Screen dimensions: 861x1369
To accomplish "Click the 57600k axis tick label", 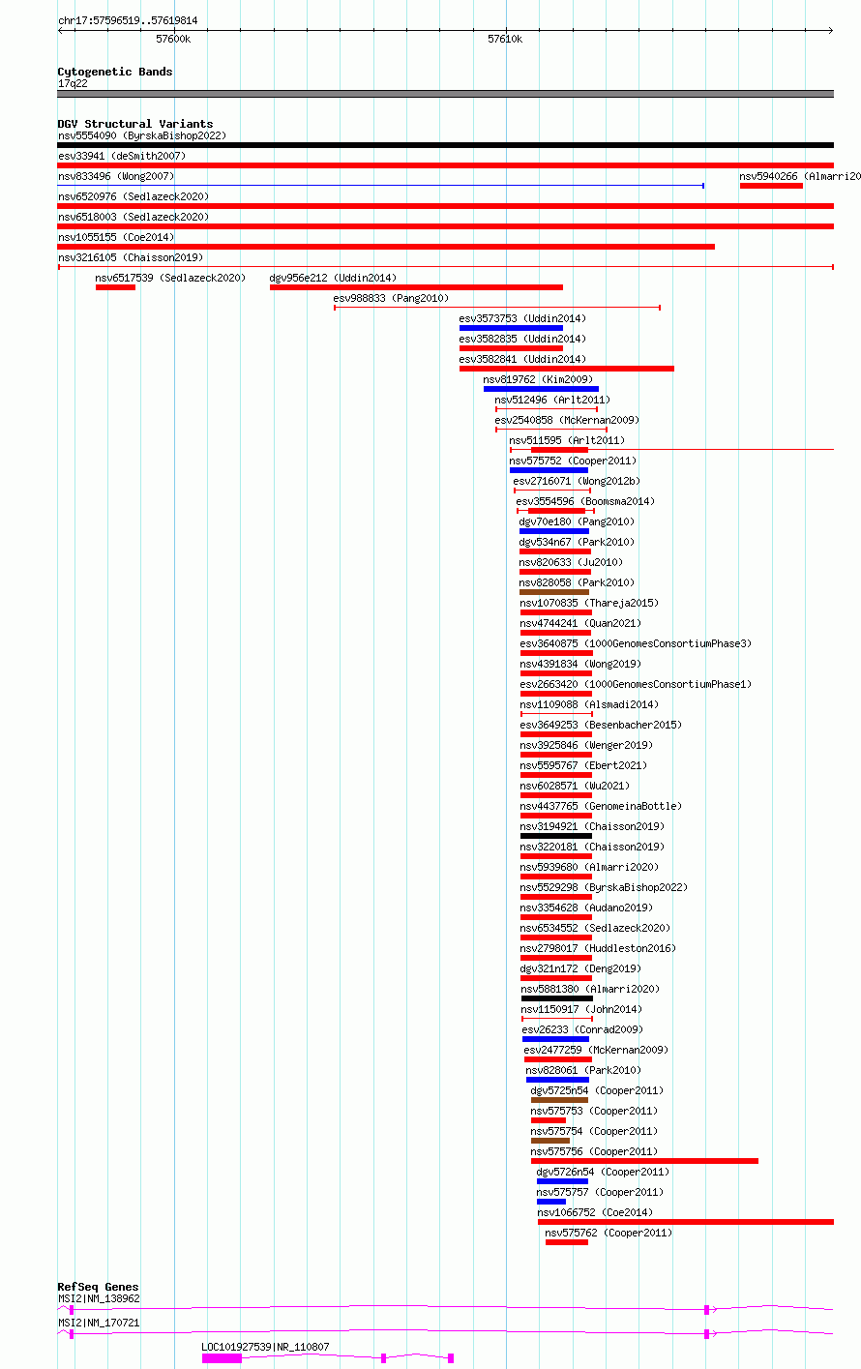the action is [x=173, y=39].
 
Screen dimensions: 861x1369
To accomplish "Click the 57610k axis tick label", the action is [x=505, y=39].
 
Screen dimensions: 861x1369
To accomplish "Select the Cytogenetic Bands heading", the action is [x=115, y=72].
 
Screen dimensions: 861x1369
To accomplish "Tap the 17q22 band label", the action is [x=73, y=84].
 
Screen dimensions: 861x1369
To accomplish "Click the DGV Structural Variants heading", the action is [x=135, y=124].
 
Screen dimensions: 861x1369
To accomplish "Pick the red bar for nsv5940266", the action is [x=771, y=186].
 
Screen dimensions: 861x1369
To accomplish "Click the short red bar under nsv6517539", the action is [x=115, y=287].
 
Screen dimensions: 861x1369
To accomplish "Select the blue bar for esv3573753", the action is [x=511, y=328].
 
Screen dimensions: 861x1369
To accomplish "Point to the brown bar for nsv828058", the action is [x=554, y=592].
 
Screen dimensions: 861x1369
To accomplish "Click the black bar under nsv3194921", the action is [x=556, y=836].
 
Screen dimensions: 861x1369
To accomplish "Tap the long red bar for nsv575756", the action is [x=644, y=1161].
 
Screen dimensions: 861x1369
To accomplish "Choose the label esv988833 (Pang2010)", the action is [x=391, y=298].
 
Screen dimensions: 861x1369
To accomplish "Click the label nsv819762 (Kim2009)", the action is [x=538, y=379].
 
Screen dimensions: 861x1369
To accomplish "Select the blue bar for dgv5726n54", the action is [x=562, y=1181].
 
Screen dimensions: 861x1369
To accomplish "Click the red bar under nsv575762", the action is [x=567, y=1242].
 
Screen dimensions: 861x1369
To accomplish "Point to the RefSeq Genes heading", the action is [x=98, y=1287].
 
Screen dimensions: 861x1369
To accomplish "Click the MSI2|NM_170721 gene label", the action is [x=99, y=1323].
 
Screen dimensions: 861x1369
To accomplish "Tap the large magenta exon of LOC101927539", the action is [x=222, y=1358].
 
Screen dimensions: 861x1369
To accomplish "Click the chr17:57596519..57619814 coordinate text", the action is [x=128, y=20].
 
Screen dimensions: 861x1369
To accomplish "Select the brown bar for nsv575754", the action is [x=549, y=1141].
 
